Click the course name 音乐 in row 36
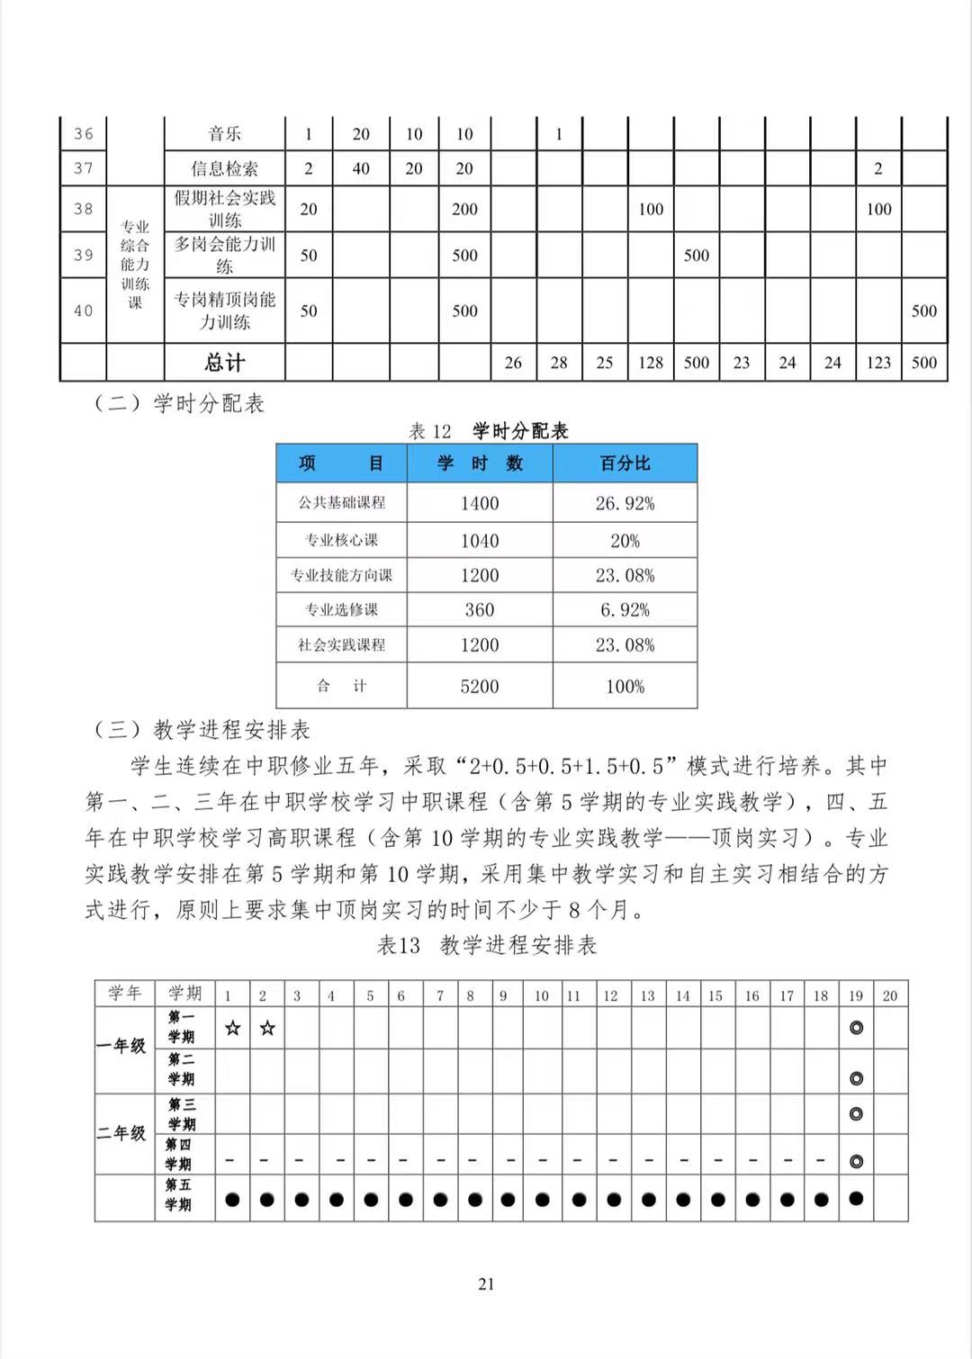[224, 134]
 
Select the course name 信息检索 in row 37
[224, 168]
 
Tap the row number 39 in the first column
[84, 255]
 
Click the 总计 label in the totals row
[224, 363]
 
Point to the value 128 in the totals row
[651, 363]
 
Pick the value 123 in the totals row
[878, 363]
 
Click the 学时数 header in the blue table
[480, 463]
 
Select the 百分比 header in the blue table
[625, 463]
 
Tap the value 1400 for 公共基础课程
[480, 503]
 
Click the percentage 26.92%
[625, 503]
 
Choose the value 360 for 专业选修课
[480, 610]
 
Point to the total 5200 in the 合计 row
[480, 687]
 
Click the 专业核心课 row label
[341, 540]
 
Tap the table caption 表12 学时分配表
[489, 431]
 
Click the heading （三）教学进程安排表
[202, 729]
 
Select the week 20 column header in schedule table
[890, 995]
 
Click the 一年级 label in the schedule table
[123, 1046]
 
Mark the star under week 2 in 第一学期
[266, 1028]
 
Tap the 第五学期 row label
[178, 1195]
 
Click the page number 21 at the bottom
[486, 1284]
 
